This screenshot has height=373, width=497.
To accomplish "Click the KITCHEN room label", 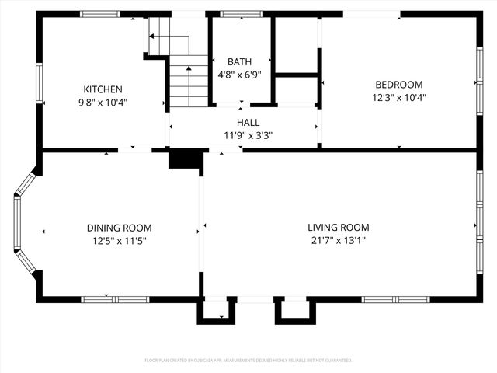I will [103, 89].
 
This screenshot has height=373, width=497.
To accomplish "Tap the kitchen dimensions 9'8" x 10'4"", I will [103, 102].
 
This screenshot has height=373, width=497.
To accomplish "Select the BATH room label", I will [239, 62].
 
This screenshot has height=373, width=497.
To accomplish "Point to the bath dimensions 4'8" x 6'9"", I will [239, 75].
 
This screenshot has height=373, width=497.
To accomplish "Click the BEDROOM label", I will [398, 85].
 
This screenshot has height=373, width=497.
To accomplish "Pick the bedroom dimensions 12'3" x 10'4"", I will [398, 98].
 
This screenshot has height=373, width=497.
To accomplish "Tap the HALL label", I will [248, 122].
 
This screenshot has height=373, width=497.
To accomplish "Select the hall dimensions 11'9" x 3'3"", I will [248, 135].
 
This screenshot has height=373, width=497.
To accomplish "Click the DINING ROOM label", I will [119, 228].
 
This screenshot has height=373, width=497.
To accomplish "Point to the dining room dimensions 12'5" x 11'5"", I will [119, 241].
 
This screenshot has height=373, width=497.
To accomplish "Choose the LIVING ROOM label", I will [338, 228].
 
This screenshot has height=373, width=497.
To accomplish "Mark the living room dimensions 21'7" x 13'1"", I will [338, 241].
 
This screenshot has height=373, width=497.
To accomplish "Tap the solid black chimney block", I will [185, 159].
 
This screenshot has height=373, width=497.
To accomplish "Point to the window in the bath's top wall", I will [242, 14].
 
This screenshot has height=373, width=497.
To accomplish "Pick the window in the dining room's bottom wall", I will [115, 299].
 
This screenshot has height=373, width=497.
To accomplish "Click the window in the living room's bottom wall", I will [395, 299].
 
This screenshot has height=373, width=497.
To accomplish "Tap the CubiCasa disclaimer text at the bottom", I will [248, 361].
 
